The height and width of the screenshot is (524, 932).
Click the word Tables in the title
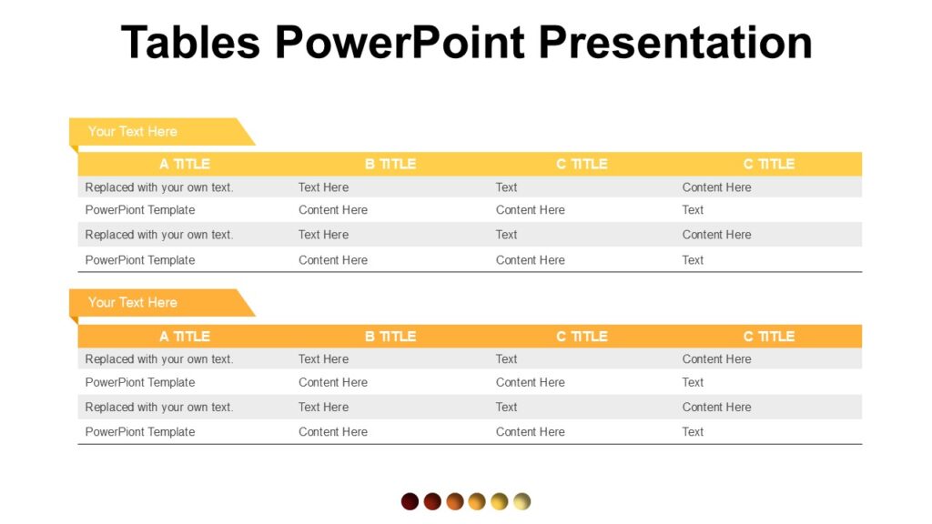[190, 43]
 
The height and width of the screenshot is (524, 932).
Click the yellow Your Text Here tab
[133, 131]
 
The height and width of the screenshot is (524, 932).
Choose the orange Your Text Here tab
[133, 302]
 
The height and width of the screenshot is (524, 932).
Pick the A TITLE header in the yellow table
[184, 164]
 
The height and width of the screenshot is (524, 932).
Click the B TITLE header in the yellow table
[390, 164]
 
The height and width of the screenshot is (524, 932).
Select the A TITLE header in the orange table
[184, 336]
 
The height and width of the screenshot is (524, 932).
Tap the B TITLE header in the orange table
[390, 336]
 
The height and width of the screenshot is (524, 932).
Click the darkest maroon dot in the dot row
[410, 501]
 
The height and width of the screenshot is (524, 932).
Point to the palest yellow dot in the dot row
[522, 501]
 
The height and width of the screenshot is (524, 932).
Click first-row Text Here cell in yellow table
[323, 187]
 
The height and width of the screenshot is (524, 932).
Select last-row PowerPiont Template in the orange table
[140, 432]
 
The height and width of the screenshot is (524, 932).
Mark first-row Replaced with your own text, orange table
[159, 359]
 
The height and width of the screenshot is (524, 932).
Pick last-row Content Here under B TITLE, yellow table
[333, 260]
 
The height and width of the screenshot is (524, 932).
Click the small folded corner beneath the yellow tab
[73, 148]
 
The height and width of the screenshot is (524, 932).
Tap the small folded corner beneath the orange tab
[73, 320]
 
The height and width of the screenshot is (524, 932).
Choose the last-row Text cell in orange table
[693, 432]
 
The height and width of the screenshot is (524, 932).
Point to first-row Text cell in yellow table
[506, 187]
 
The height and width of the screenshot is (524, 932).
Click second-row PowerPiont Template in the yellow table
[140, 210]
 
